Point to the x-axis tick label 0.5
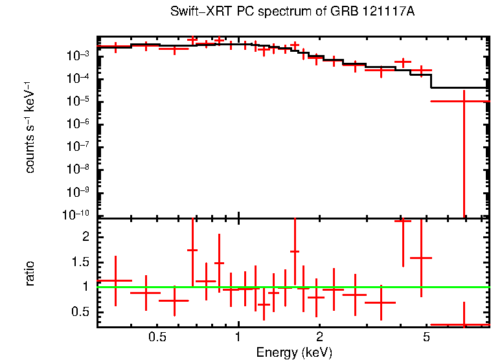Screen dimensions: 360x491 [157, 337]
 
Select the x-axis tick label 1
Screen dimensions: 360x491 [238, 337]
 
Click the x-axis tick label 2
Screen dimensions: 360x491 [319, 337]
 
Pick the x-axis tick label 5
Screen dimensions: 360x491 [426, 337]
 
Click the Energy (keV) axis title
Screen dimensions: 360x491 [294, 353]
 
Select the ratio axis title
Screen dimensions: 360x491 [30, 273]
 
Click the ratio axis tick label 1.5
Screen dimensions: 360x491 [81, 262]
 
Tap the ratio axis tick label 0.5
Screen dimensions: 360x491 [81, 312]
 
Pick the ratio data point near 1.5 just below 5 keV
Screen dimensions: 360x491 [421, 258]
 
